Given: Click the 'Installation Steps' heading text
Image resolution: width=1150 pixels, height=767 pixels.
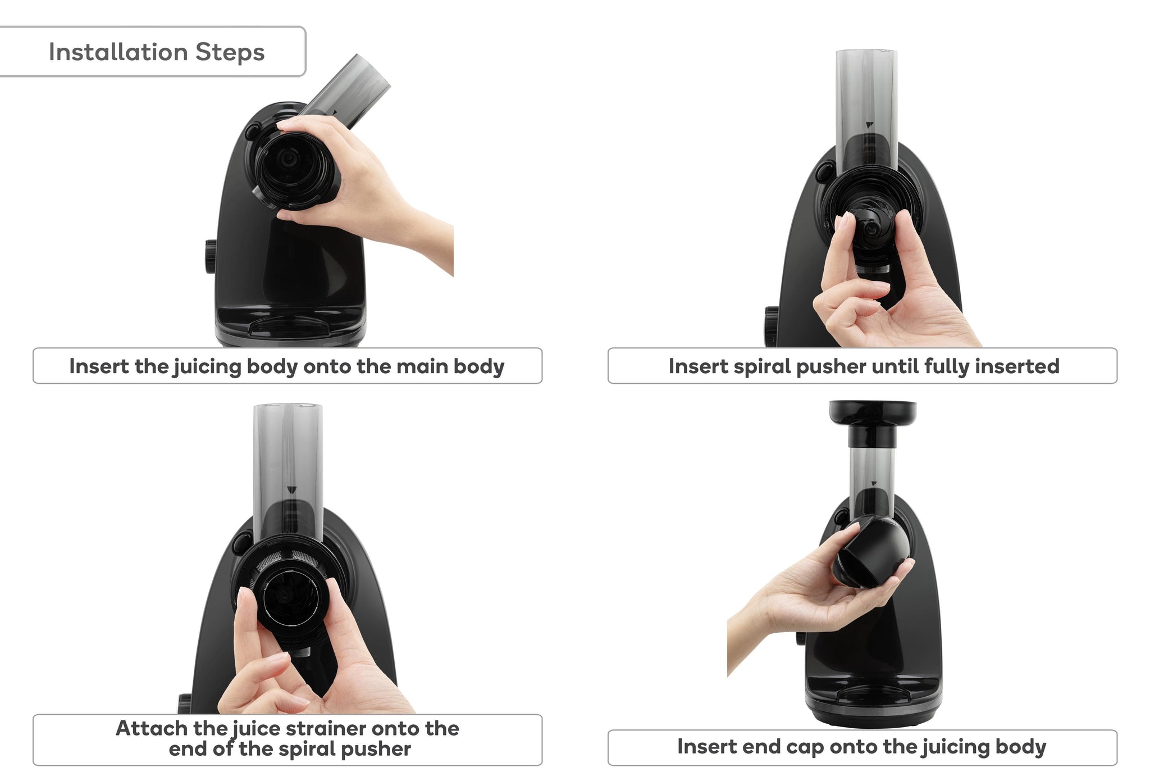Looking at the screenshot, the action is [157, 52].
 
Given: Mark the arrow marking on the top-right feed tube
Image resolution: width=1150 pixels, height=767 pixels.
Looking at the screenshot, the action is [870, 125].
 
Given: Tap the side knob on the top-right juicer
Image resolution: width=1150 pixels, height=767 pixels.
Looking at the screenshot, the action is [772, 326].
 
